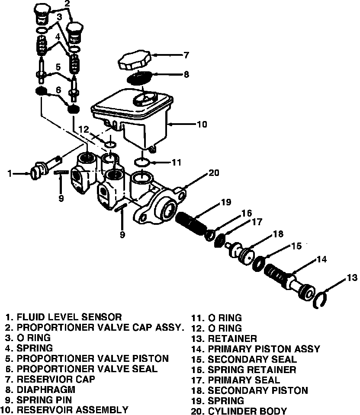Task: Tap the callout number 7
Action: (186, 55)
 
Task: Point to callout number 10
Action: (201, 124)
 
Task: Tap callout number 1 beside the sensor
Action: (9, 174)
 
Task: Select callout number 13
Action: (352, 277)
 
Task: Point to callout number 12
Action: (84, 129)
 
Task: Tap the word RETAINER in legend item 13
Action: (232, 338)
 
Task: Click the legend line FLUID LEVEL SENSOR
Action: (69, 317)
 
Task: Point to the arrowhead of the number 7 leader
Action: (152, 55)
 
